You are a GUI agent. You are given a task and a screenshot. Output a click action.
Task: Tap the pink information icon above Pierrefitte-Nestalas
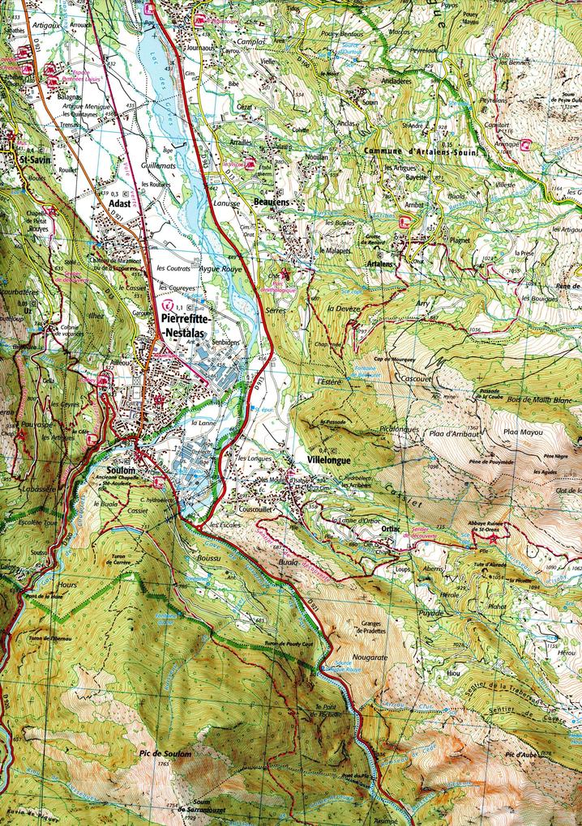click(169, 306)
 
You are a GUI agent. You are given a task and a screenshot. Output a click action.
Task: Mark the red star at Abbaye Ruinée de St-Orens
click(494, 537)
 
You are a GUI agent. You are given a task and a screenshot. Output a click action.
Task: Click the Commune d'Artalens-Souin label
click(422, 151)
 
